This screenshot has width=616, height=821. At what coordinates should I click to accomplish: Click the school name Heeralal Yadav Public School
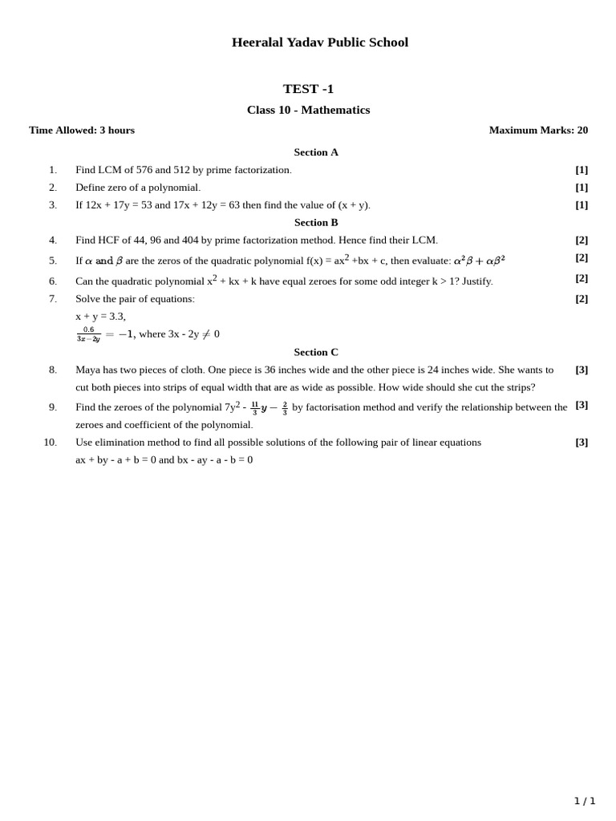(x=319, y=42)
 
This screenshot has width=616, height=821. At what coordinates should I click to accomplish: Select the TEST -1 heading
(x=308, y=89)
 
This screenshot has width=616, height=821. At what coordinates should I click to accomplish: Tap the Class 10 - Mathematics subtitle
(x=308, y=110)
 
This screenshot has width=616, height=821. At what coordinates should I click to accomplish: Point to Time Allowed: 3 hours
(x=82, y=130)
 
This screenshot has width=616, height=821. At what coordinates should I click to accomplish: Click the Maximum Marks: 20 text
(x=538, y=130)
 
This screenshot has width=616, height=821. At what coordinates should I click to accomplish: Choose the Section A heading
(x=316, y=152)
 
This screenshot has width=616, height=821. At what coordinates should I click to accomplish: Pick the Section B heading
(x=316, y=222)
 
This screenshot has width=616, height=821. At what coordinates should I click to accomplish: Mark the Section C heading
(x=316, y=352)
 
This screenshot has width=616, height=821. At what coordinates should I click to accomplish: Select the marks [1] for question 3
(x=582, y=204)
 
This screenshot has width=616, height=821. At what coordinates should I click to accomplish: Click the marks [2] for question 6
(x=582, y=278)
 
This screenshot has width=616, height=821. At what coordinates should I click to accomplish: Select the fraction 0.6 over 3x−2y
(x=88, y=334)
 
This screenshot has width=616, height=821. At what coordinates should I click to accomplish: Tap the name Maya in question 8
(x=89, y=370)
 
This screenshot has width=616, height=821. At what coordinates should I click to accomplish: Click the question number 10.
(x=50, y=442)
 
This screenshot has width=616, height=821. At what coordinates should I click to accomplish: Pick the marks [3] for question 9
(x=582, y=405)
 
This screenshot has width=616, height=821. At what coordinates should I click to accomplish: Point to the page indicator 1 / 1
(x=585, y=801)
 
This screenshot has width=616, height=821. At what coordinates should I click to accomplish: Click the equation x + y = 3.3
(x=100, y=317)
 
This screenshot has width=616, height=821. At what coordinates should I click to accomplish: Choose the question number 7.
(x=53, y=299)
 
